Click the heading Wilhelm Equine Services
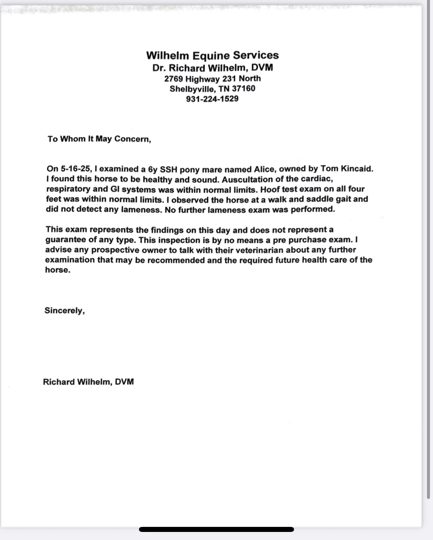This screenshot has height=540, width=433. [212, 55]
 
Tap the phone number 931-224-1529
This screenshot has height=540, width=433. [212, 99]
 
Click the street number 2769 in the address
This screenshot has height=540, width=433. [173, 79]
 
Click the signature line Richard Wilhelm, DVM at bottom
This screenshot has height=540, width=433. [88, 382]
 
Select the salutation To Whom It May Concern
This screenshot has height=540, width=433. [99, 139]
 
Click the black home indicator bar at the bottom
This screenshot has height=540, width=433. [216, 530]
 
